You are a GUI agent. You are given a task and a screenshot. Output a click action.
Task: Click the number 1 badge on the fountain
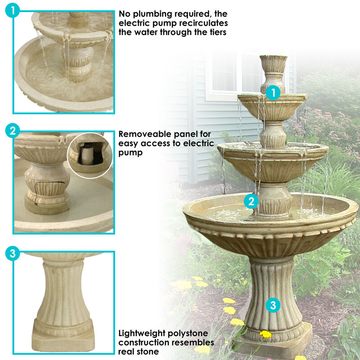pos(273,93)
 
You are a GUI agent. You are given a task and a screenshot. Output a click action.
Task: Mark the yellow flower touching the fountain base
pos(265,334)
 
